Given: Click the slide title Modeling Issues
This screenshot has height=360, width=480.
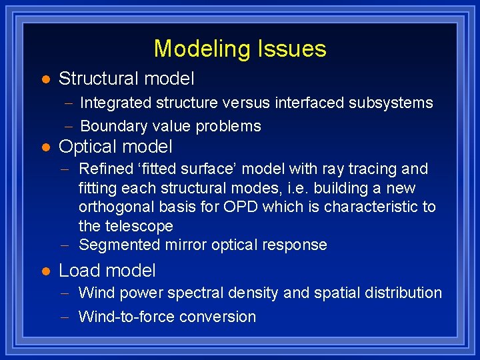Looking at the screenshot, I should coord(240,49).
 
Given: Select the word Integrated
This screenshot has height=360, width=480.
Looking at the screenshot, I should coord(115,103).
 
